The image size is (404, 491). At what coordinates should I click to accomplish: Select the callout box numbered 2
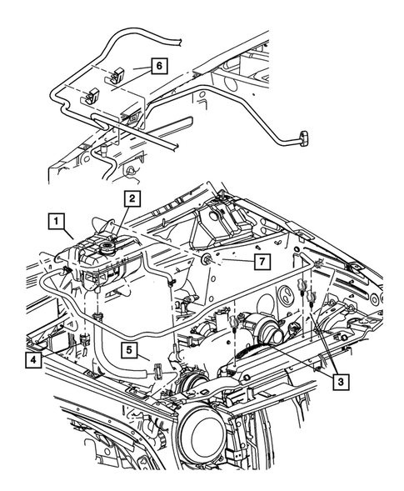pyautogui.click(x=132, y=198)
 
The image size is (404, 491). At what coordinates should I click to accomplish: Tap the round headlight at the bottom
pyautogui.click(x=205, y=438)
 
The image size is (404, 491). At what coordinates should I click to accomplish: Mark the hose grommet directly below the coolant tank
pyautogui.click(x=97, y=315)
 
